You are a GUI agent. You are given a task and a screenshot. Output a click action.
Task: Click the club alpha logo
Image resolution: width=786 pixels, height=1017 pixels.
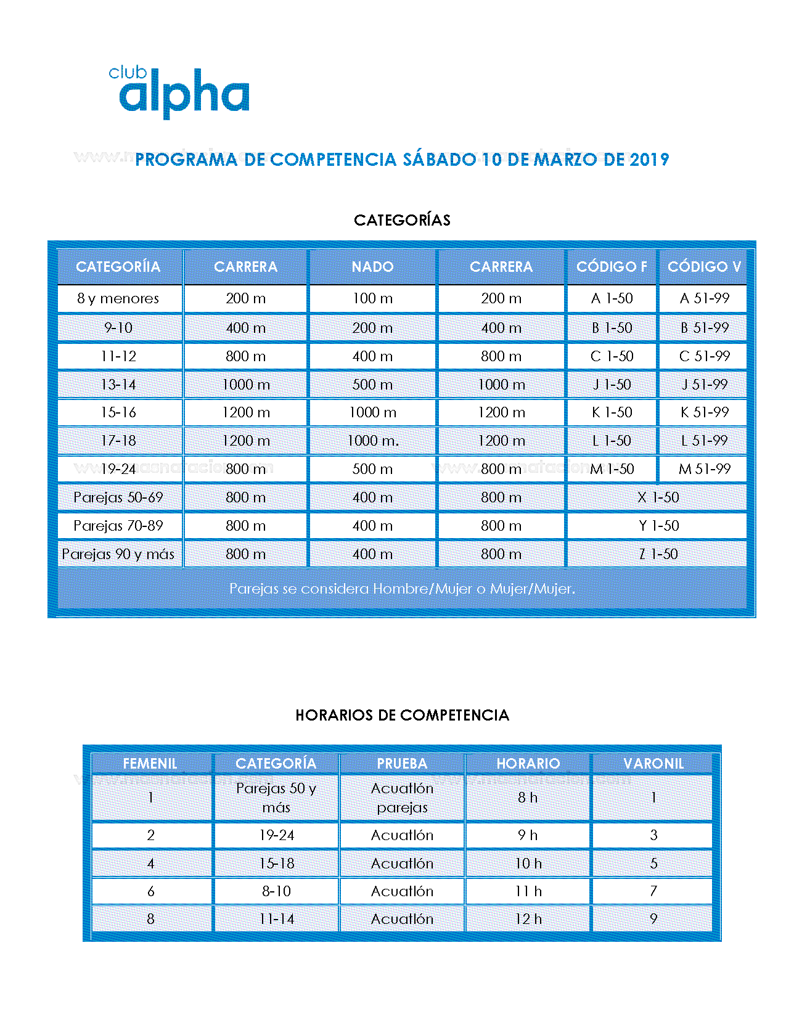(x=179, y=92)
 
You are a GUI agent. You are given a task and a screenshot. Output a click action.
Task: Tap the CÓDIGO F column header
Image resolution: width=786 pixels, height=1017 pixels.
(x=611, y=267)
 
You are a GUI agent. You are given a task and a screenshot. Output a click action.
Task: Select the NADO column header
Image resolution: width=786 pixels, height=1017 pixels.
(x=372, y=267)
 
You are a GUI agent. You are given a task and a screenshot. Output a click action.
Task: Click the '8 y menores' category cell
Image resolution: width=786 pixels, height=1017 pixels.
(x=118, y=298)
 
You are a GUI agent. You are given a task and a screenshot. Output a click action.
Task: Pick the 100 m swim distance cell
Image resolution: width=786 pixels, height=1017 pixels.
(x=372, y=298)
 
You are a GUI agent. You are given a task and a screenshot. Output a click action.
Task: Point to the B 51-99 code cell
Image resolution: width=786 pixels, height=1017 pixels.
(x=704, y=328)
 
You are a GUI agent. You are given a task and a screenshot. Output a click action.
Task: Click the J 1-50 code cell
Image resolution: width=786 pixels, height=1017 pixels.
(x=612, y=385)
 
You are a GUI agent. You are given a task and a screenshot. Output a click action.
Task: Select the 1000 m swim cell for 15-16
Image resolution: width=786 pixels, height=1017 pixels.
(x=372, y=412)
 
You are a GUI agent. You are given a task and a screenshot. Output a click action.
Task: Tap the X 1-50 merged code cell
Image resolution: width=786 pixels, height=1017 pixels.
(x=658, y=497)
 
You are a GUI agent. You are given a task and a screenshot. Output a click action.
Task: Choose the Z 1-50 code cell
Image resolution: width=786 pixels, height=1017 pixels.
(x=658, y=554)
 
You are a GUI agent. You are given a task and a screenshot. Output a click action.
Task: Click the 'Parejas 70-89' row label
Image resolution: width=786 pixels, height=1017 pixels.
(x=118, y=526)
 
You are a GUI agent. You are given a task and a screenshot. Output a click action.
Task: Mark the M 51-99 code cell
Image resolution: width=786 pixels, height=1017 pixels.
(x=704, y=469)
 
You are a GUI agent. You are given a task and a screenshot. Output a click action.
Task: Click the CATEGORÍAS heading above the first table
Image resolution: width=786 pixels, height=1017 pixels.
(x=402, y=220)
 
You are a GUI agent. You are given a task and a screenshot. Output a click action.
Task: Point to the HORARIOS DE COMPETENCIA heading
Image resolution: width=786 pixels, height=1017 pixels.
(x=402, y=715)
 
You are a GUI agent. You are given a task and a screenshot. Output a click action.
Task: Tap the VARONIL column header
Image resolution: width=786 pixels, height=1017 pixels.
(x=653, y=764)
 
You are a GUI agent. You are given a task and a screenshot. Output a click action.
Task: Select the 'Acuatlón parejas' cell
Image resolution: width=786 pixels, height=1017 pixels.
(x=402, y=798)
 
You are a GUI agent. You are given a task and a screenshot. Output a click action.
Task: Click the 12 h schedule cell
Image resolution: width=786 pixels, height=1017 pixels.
(x=528, y=919)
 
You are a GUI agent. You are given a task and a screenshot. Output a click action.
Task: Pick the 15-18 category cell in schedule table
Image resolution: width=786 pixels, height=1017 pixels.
(x=276, y=864)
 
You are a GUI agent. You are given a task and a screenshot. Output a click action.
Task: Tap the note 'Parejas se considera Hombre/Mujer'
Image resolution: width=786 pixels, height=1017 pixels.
(x=402, y=589)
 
